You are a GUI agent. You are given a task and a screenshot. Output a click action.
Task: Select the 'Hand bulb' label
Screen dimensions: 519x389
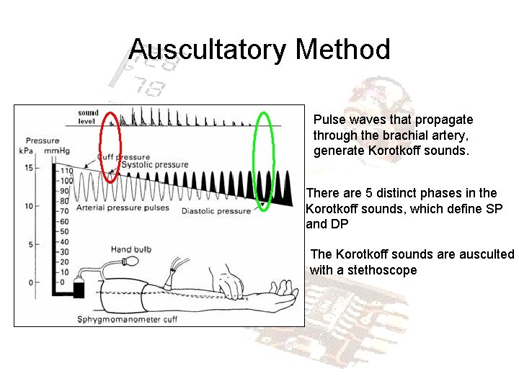[130, 249]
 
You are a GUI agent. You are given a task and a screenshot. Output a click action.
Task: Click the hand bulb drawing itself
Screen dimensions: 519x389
[127, 261]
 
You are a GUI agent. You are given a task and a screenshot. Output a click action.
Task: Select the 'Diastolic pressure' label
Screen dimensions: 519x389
[216, 211]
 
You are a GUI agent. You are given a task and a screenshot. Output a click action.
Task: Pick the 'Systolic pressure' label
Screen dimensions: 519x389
[155, 165]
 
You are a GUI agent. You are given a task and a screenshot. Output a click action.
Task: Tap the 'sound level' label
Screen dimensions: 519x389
[88, 117]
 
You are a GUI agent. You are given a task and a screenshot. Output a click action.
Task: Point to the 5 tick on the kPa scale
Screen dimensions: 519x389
[30, 244]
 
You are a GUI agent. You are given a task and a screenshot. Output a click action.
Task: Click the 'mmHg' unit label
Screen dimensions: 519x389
[56, 151]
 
